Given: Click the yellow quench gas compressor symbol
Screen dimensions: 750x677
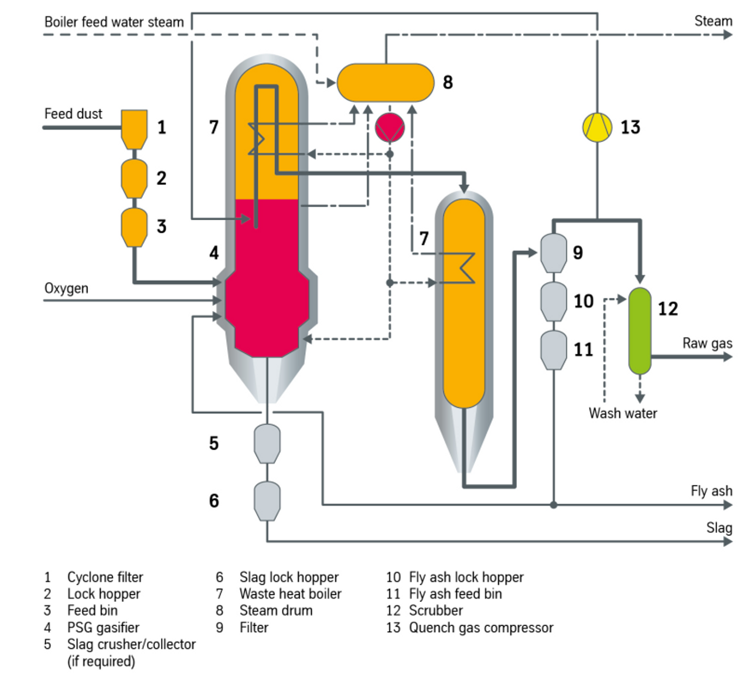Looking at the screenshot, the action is pos(597,127).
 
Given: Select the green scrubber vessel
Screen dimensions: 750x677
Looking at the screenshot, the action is pos(640,331).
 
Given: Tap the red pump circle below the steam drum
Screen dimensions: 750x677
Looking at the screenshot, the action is pos(390,128).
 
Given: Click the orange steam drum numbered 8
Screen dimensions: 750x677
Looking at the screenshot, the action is pos(386,83).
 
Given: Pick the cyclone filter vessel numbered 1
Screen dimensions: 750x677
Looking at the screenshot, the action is pos(134,130).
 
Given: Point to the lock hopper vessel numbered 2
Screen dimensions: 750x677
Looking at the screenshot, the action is pos(134,178).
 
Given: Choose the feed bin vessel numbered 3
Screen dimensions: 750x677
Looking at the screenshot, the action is pos(134,227).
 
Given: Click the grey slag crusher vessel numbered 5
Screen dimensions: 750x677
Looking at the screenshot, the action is pos(267,444).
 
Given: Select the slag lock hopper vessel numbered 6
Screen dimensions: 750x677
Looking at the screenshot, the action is pos(267,501).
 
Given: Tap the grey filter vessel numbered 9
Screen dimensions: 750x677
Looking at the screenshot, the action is pos(554,253).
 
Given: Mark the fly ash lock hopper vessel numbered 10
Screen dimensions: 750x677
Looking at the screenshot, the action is pos(554,301).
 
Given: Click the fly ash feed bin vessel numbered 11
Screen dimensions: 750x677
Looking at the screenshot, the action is pos(554,350).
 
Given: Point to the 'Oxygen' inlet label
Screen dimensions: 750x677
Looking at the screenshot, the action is pos(67,289).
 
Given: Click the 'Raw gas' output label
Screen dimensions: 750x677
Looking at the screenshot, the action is pos(707,343).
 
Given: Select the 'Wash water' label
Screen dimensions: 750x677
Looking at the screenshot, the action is pos(623,413).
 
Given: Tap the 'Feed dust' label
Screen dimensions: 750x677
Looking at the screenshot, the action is pos(73,114).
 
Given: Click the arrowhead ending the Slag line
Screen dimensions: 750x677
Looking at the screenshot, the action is pos(728,541).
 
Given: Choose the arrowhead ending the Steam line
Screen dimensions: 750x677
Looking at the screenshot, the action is pos(728,35).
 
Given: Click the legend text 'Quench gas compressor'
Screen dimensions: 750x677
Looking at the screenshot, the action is pos(481,628).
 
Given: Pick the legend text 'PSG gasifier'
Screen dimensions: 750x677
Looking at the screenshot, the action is pos(103,628).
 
